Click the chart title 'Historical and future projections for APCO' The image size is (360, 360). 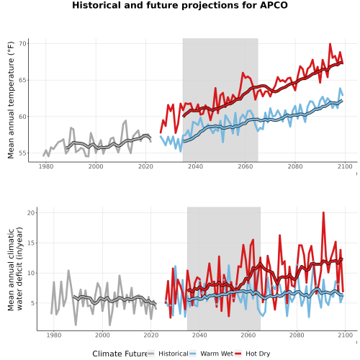180,5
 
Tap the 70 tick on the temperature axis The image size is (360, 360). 22,44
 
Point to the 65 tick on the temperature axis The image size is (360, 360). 22,80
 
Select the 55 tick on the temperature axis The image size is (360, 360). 22,153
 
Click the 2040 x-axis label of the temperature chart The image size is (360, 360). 195,166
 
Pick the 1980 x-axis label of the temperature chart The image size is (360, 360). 46,166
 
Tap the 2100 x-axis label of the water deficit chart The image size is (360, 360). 345,335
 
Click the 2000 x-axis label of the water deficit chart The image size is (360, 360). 102,335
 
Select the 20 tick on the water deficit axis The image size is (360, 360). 31,213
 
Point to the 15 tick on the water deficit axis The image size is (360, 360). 31,243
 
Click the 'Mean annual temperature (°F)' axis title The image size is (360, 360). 11,100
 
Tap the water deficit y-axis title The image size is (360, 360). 15,269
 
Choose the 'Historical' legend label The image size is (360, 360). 174,354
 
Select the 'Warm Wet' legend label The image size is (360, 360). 217,354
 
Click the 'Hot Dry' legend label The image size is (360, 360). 258,354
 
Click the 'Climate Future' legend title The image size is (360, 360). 120,354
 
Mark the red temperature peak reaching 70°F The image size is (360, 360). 330,44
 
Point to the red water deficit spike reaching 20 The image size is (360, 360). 323,212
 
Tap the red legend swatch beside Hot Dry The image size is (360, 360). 238,354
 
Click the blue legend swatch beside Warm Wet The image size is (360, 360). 192,354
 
